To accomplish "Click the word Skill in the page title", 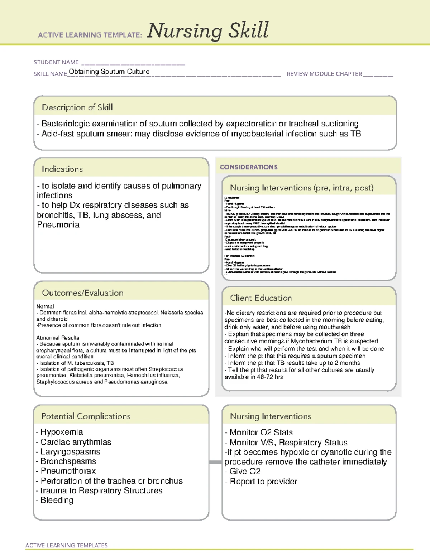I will (249, 30).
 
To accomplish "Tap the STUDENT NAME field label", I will (56, 62).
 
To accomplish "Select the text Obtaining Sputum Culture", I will (109, 72).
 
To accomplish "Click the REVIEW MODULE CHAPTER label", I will (324, 74).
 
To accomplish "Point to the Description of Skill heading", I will (77, 107).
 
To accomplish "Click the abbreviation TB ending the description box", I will (355, 134).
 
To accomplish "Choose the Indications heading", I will (62, 169).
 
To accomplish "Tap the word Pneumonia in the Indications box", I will (58, 225).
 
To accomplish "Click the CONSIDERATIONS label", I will (249, 167).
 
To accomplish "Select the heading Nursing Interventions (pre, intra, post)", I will (302, 188).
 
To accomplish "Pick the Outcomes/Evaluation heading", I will (82, 293).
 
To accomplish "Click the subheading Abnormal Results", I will (58, 338).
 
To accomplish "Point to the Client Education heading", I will (261, 298).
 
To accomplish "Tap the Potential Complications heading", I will (86, 416).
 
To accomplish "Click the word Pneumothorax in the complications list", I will (68, 471).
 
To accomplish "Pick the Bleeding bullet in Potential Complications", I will (57, 500).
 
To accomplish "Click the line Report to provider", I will (263, 482).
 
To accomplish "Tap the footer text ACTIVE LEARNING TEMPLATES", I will (67, 545).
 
